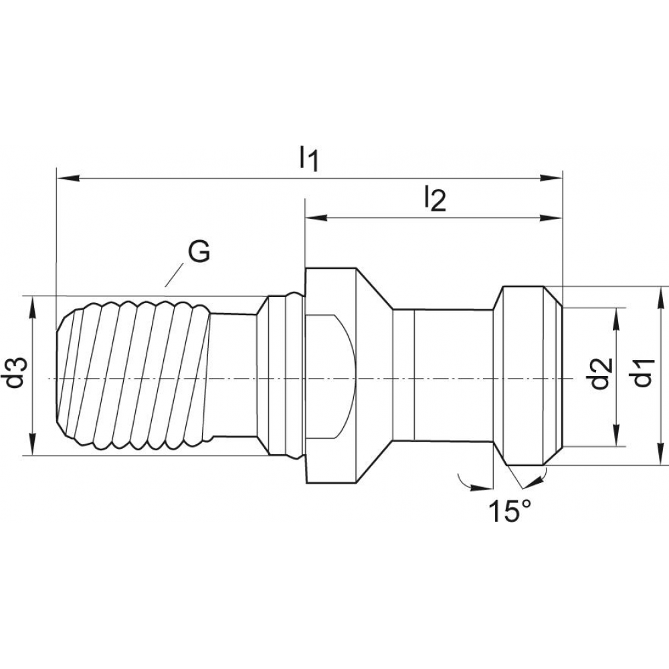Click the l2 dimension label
[x=434, y=199]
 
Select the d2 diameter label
[x=599, y=373]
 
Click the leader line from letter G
[x=174, y=274]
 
